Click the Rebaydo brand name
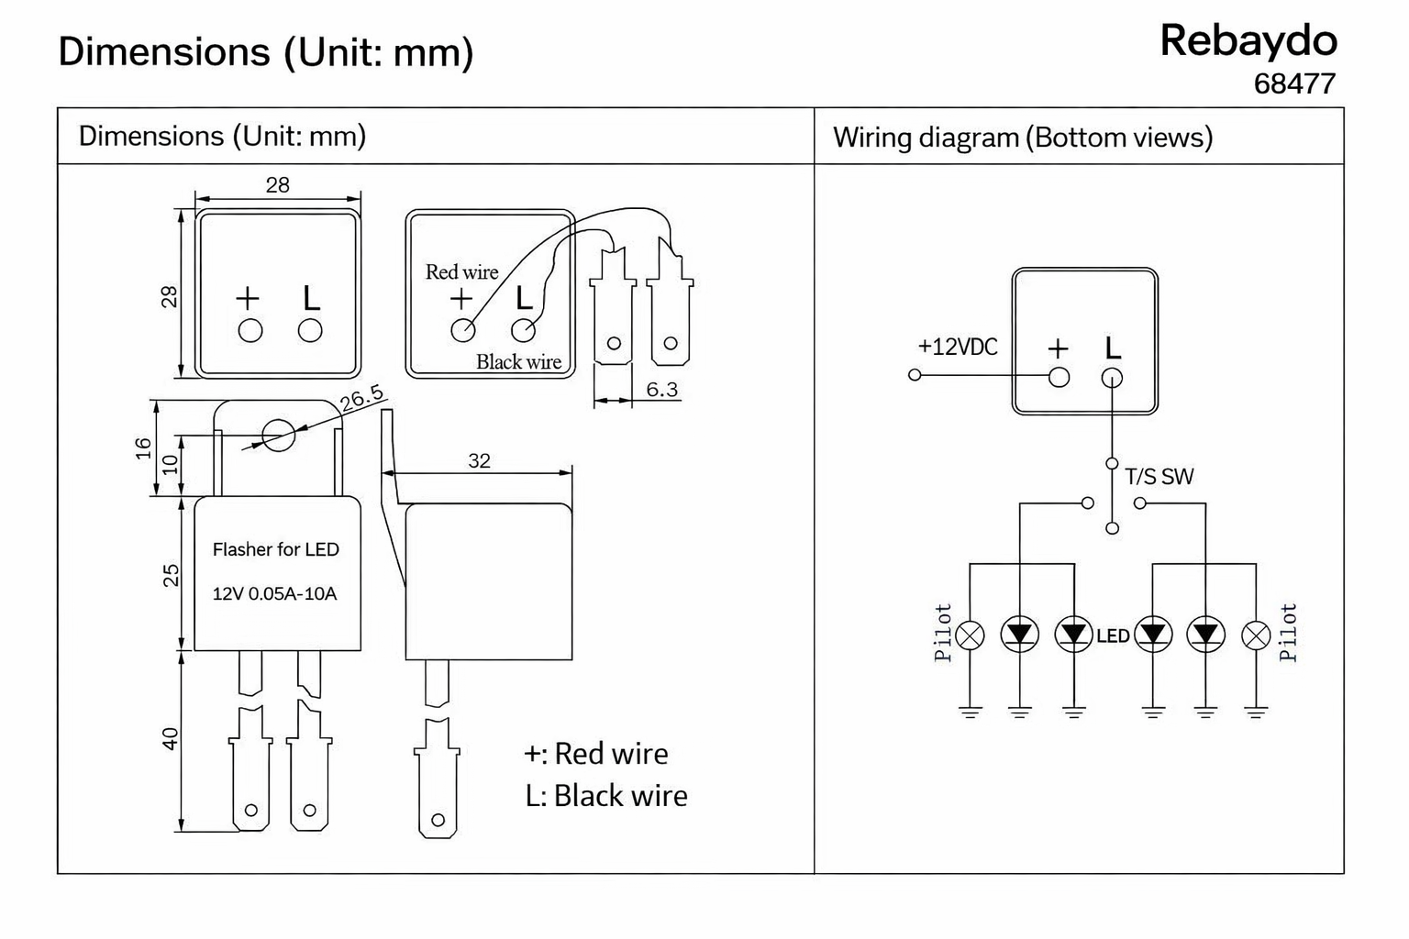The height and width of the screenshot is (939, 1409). pyautogui.click(x=1248, y=41)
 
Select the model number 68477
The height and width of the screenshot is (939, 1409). pyautogui.click(x=1293, y=84)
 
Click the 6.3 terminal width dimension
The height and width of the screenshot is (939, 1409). pyautogui.click(x=661, y=390)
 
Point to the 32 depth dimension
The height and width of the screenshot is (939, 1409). pyautogui.click(x=479, y=460)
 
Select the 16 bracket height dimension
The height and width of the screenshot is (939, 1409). pyautogui.click(x=144, y=447)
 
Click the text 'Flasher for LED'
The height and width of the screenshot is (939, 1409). pyautogui.click(x=275, y=549)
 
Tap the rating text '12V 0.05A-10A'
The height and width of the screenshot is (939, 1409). pyautogui.click(x=274, y=593)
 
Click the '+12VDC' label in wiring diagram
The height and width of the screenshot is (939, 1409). pyautogui.click(x=957, y=348)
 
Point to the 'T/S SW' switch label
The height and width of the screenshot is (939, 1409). pyautogui.click(x=1159, y=477)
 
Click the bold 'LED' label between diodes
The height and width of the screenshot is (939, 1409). pyautogui.click(x=1113, y=635)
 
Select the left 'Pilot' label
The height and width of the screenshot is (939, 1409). pyautogui.click(x=943, y=633)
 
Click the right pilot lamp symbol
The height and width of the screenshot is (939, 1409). pyautogui.click(x=1255, y=635)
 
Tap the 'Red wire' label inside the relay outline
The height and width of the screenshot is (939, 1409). pyautogui.click(x=461, y=272)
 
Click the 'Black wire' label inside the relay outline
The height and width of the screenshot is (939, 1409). pyautogui.click(x=518, y=362)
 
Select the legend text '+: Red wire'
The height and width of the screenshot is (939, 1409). pyautogui.click(x=595, y=754)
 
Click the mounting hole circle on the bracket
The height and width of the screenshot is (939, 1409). pyautogui.click(x=277, y=436)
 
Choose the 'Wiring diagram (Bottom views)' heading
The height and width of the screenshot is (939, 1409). pyautogui.click(x=1022, y=138)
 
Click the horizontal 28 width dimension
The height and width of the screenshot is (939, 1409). pyautogui.click(x=277, y=185)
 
